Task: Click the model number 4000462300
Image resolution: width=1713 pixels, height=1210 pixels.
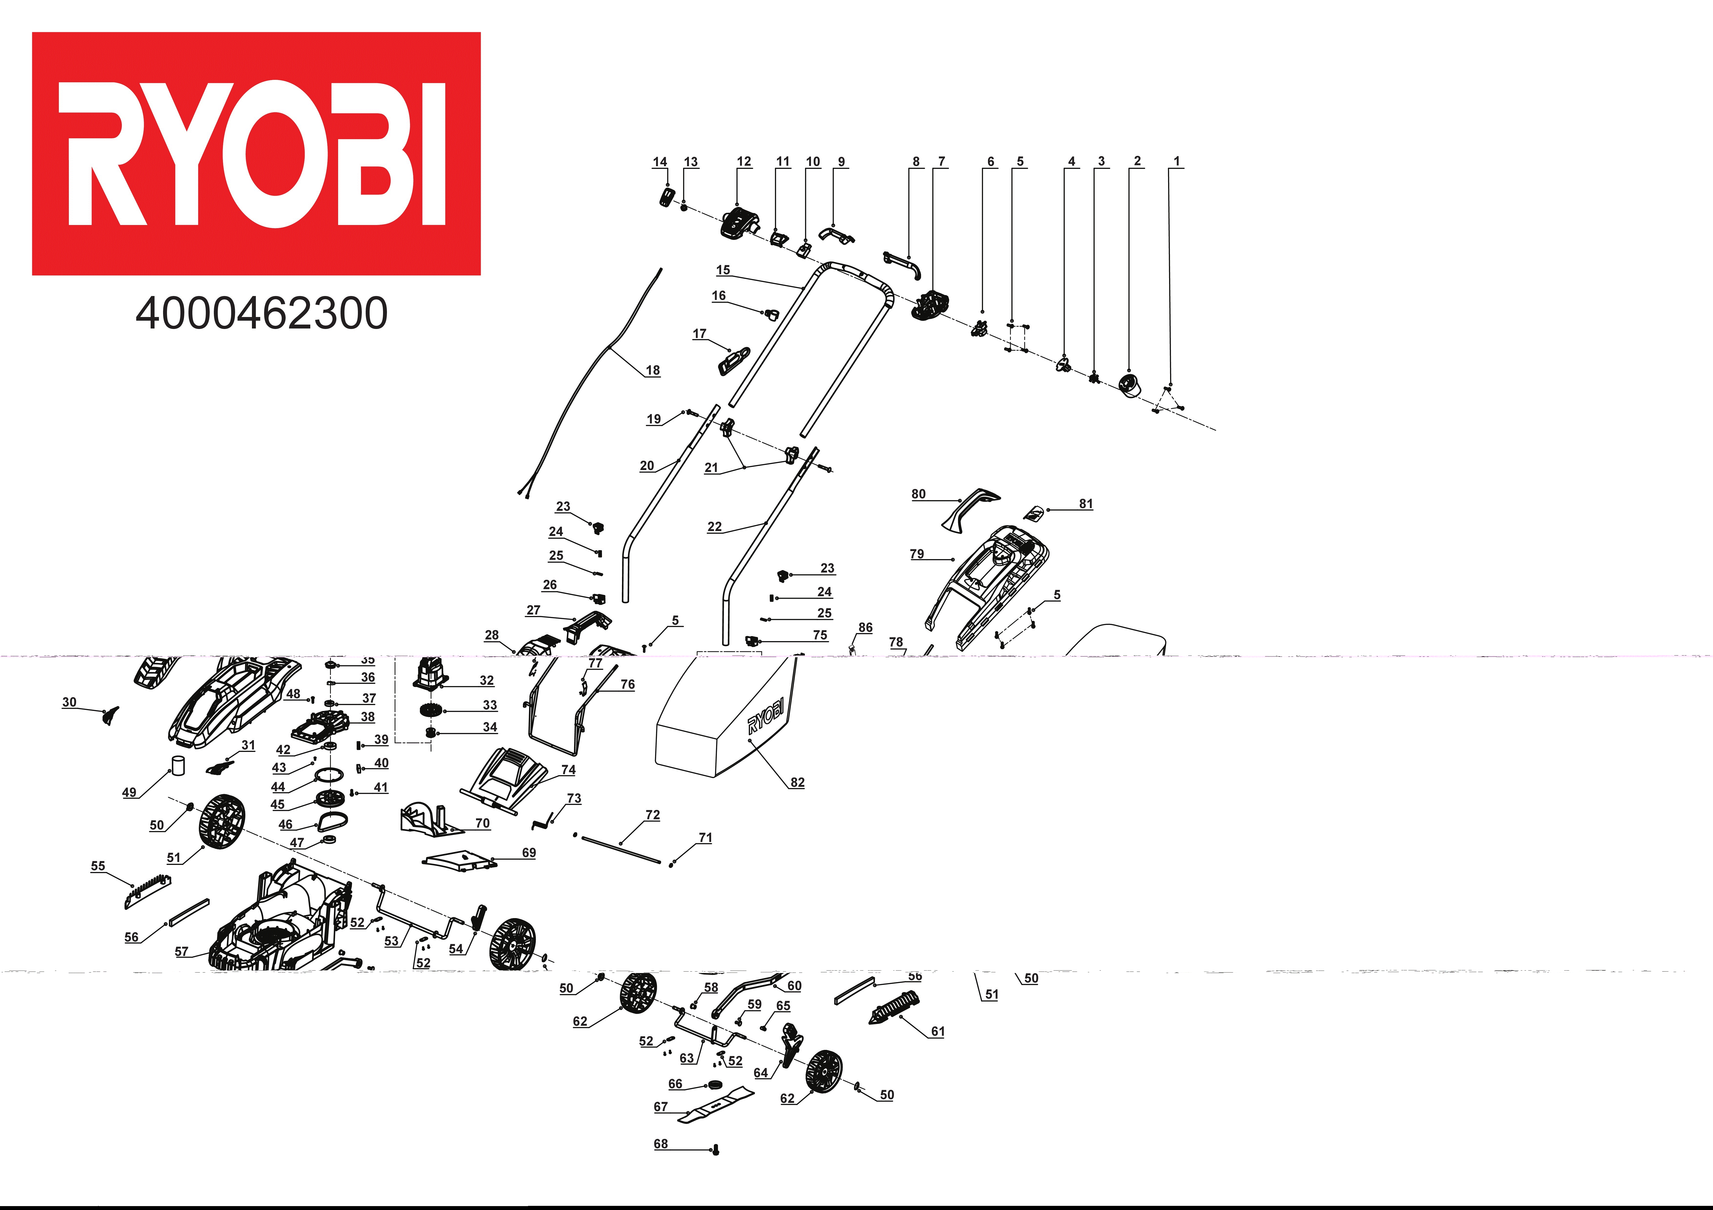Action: pyautogui.click(x=262, y=313)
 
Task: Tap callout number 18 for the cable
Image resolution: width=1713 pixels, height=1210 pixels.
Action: pyautogui.click(x=653, y=370)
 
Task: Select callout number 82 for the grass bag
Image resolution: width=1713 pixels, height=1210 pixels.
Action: pyautogui.click(x=798, y=782)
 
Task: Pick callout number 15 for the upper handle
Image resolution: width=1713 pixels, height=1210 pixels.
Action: pyautogui.click(x=723, y=270)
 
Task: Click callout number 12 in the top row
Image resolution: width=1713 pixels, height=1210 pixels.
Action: pyautogui.click(x=744, y=162)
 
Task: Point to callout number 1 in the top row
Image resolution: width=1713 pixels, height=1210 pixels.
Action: pyautogui.click(x=1177, y=161)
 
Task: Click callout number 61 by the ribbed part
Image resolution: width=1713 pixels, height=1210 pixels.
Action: pyautogui.click(x=938, y=1032)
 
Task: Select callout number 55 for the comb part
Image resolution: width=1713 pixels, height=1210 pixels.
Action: pyautogui.click(x=98, y=866)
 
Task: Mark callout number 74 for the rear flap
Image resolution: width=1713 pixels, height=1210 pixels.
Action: pyautogui.click(x=569, y=770)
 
